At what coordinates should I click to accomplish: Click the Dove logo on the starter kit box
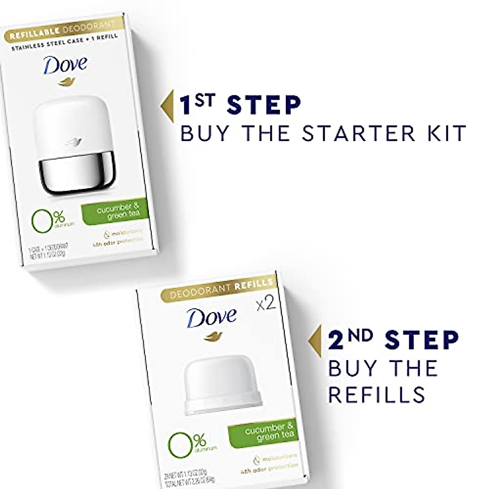pos(65,65)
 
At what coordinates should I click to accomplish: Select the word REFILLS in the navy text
pos(377,394)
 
